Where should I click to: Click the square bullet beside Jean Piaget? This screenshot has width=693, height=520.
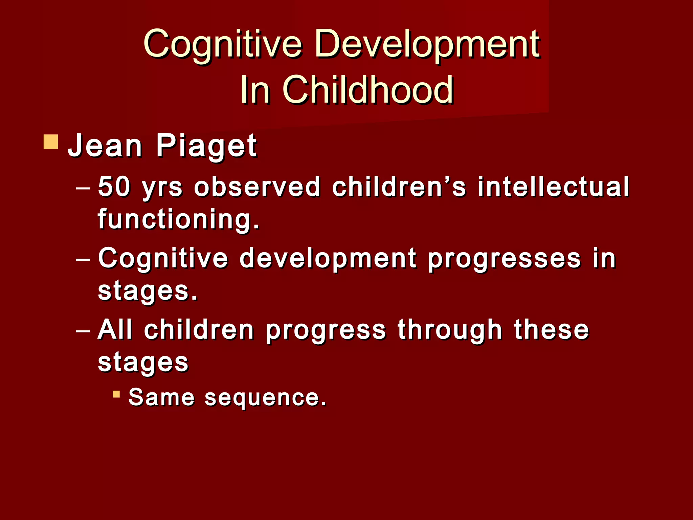click(x=51, y=142)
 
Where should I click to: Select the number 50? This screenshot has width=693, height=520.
click(x=114, y=187)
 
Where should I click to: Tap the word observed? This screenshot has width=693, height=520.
click(x=257, y=187)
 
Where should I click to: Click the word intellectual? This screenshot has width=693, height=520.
click(x=553, y=187)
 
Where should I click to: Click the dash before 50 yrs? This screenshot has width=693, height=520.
click(x=83, y=187)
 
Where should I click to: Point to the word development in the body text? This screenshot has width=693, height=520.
click(x=328, y=259)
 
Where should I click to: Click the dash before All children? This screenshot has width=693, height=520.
click(x=83, y=330)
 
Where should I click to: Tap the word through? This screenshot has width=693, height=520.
click(x=450, y=330)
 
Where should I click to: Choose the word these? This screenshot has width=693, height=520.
click(x=552, y=330)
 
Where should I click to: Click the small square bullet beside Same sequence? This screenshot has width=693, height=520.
click(x=116, y=394)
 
